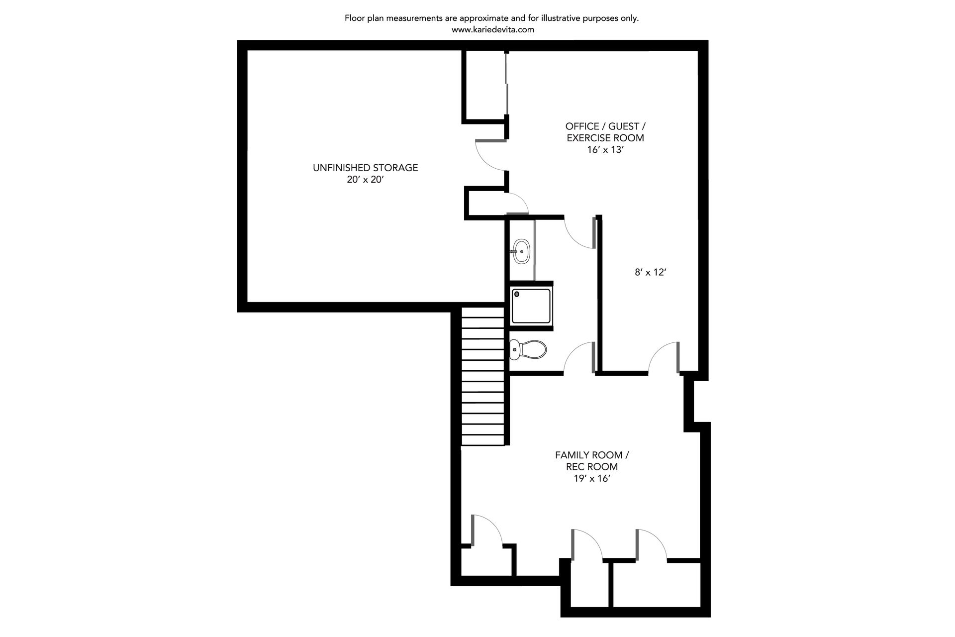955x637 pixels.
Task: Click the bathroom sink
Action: [x=521, y=251]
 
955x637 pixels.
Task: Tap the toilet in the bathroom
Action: [x=528, y=349]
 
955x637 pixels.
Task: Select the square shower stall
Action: [x=531, y=306]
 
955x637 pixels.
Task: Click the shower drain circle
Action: [x=517, y=295]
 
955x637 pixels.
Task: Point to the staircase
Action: [x=483, y=376]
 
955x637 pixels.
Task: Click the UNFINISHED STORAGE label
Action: [x=365, y=168]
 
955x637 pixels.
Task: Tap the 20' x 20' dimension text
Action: [x=366, y=180]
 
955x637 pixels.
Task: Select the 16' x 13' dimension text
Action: [x=605, y=150]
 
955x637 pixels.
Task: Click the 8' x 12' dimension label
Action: [x=650, y=272]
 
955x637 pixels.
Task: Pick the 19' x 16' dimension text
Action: [x=592, y=479]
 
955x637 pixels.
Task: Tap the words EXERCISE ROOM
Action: [x=605, y=138]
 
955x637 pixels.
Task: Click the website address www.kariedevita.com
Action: [x=493, y=29]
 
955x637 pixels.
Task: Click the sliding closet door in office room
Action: [x=506, y=85]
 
